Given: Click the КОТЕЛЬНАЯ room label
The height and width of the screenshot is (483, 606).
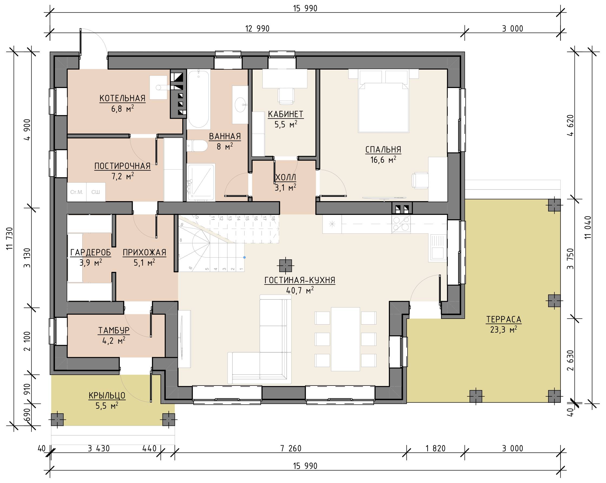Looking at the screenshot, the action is pyautogui.click(x=122, y=98).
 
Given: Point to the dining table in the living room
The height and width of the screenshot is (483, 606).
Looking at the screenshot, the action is pyautogui.click(x=345, y=339).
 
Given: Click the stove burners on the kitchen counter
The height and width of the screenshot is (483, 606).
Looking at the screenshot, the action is pyautogui.click(x=401, y=224).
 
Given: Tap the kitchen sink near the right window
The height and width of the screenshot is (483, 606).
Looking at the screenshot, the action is pyautogui.click(x=438, y=247).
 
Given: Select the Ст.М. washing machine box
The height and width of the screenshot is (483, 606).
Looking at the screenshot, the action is pyautogui.click(x=77, y=192).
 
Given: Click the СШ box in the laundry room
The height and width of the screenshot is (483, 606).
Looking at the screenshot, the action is pyautogui.click(x=96, y=192).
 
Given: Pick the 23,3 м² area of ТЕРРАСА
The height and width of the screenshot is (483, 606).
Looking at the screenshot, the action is pyautogui.click(x=504, y=329).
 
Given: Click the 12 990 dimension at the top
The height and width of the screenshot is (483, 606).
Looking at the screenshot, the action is pyautogui.click(x=257, y=29).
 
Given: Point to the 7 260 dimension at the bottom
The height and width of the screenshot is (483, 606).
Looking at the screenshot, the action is pyautogui.click(x=291, y=448).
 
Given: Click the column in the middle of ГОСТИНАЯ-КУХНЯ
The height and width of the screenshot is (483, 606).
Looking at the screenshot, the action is pyautogui.click(x=285, y=265).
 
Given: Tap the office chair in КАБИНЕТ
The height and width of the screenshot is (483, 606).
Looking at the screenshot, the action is pyautogui.click(x=286, y=95).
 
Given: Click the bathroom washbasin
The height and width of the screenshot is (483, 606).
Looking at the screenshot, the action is pyautogui.click(x=240, y=105).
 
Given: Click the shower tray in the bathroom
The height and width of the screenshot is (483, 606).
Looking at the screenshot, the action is pyautogui.click(x=201, y=183).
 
